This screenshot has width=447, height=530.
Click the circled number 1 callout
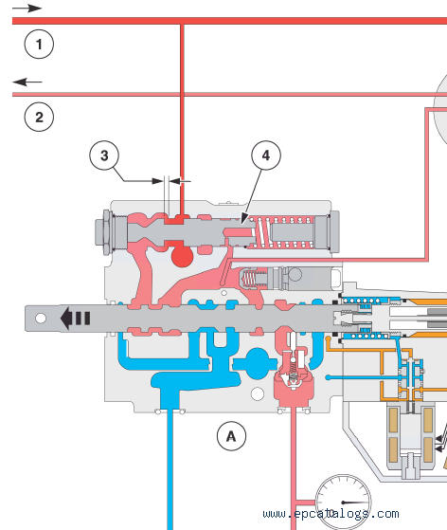tap(39, 44)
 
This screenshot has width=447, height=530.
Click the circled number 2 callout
tap(39, 117)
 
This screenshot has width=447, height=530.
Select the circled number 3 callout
tap(104, 155)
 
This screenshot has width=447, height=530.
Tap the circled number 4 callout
tap(266, 155)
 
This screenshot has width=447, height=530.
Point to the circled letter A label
tap(231, 436)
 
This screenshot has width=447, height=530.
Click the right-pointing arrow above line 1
tap(27, 9)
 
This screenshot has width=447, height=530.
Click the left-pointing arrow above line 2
tap(27, 82)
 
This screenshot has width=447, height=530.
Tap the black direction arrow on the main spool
tap(75, 318)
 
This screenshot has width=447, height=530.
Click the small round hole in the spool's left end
tap(41, 318)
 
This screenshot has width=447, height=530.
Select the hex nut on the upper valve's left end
tap(103, 232)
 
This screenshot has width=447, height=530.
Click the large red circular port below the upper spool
tap(183, 256)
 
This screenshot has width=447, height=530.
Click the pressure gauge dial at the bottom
tap(343, 502)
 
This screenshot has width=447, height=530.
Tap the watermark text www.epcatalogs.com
tap(331, 514)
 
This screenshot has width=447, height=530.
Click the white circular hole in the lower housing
tap(258, 393)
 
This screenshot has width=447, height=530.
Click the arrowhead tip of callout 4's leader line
tap(241, 224)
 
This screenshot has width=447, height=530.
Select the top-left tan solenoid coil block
tap(393, 420)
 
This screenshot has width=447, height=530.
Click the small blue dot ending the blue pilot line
tap(328, 377)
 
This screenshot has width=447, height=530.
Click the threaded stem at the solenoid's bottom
tap(410, 466)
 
